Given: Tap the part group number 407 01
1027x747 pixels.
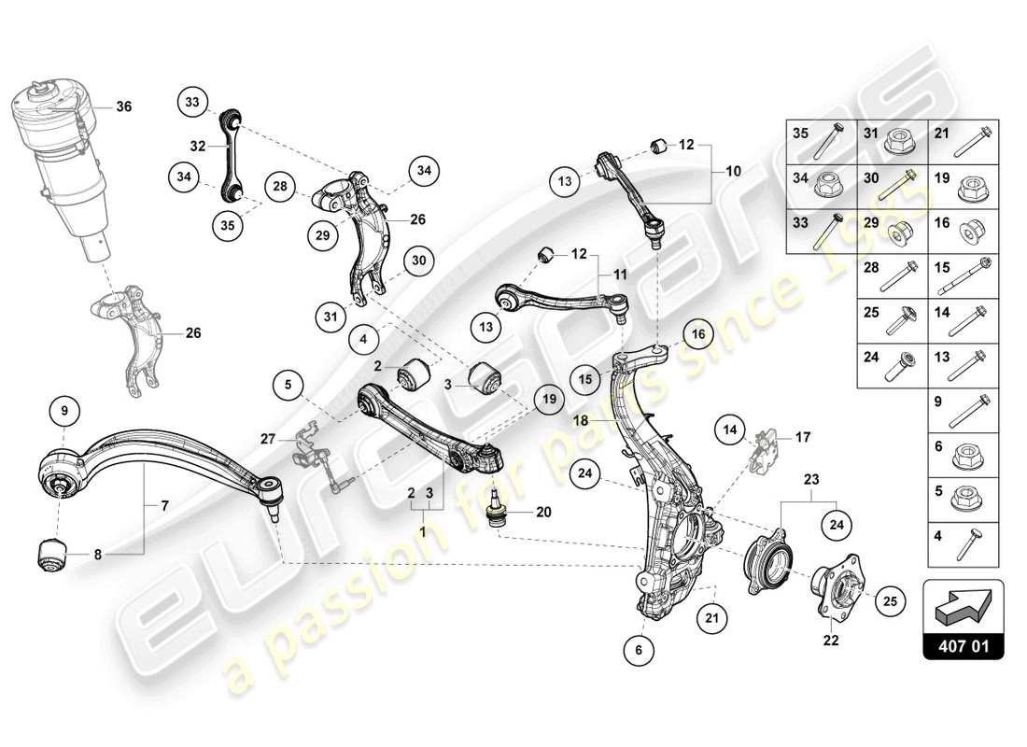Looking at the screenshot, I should tap(963, 645).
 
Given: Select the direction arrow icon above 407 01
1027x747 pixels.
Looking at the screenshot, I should tap(963, 607).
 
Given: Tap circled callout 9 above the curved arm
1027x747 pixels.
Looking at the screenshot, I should tap(64, 409).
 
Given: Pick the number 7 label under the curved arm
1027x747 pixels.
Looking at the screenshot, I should tap(165, 505).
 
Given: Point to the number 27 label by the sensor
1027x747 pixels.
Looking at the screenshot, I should tap(267, 438).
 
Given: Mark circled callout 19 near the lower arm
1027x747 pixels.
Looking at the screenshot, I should tap(547, 400).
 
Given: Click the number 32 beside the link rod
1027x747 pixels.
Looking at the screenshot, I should tap(198, 146).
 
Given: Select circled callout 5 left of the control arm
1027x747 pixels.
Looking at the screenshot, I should tap(289, 383).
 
